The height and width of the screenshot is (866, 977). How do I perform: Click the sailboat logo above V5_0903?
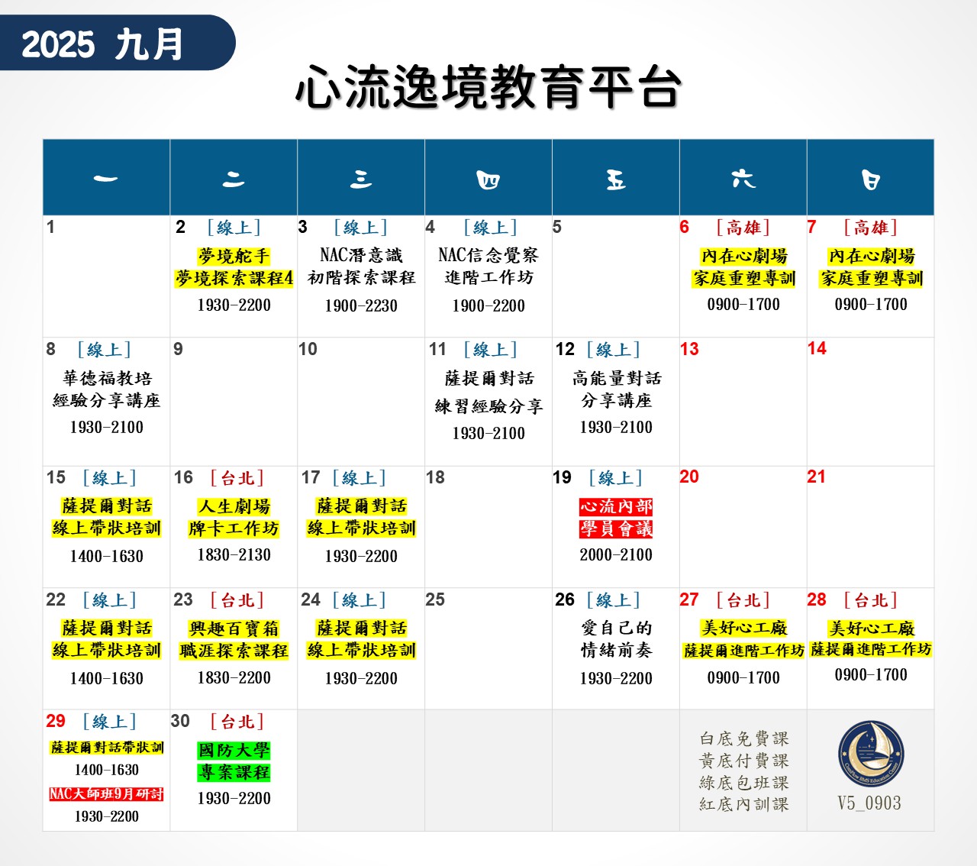(x=871, y=754)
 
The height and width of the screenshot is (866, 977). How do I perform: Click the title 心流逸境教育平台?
(x=488, y=87)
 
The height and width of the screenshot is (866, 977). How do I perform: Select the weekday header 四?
(x=488, y=179)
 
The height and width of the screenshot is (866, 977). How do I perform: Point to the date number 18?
(x=435, y=477)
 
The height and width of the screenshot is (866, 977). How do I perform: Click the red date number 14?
(x=817, y=348)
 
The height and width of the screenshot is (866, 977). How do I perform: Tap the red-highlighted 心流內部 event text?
(x=616, y=506)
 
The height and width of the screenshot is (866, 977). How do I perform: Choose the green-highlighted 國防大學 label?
(x=234, y=751)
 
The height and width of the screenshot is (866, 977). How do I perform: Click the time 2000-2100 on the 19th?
(x=616, y=555)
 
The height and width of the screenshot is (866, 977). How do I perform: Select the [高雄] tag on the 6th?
(x=743, y=228)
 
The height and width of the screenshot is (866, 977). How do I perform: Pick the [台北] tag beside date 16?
(x=237, y=478)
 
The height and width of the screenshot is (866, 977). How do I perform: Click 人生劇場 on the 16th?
(x=234, y=506)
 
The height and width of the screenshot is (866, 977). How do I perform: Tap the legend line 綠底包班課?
(x=743, y=782)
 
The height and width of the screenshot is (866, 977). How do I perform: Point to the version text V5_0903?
(x=869, y=803)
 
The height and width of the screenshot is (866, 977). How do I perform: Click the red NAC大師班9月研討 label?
(x=107, y=794)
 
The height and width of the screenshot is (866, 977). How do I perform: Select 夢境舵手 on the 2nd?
(x=234, y=256)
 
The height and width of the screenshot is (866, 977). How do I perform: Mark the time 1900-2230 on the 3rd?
(x=361, y=305)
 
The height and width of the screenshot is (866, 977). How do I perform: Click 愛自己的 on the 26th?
(x=616, y=628)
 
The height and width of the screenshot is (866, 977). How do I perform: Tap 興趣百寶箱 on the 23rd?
(x=234, y=628)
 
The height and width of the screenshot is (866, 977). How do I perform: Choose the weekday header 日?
(x=870, y=179)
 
